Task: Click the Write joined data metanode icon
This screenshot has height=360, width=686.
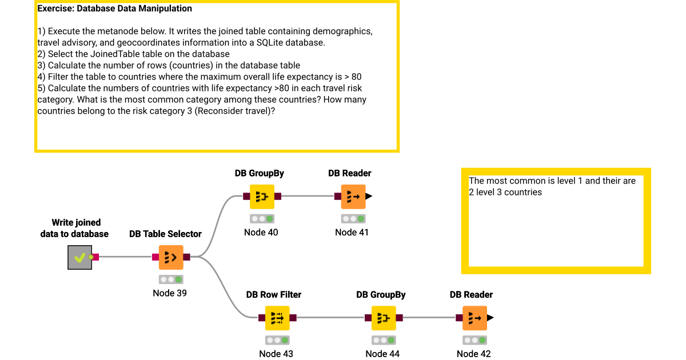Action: (79, 258)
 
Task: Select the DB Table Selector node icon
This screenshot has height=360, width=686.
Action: (171, 258)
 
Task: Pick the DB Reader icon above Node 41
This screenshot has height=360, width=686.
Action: (353, 197)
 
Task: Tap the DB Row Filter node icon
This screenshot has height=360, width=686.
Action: (277, 318)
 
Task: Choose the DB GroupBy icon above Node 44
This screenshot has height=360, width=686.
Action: (384, 318)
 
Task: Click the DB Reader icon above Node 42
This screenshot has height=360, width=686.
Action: (474, 318)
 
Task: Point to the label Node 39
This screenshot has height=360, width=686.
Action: (170, 293)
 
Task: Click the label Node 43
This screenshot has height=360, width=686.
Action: (276, 354)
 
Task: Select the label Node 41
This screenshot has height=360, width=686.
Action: (352, 232)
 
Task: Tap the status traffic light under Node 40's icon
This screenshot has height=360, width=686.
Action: (262, 219)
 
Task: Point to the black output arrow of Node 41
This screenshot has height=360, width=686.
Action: (369, 197)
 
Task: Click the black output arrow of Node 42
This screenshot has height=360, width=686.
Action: (490, 318)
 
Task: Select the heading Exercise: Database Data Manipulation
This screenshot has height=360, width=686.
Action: (114, 9)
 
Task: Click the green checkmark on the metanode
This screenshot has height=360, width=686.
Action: (79, 258)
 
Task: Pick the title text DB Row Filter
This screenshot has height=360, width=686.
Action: (273, 295)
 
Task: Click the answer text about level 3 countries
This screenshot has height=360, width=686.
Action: (505, 192)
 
